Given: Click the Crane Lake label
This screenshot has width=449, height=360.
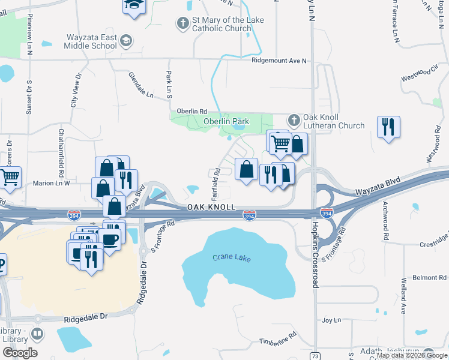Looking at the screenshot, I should pos(231,258).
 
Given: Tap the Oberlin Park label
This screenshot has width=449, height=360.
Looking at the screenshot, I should pos(226,122).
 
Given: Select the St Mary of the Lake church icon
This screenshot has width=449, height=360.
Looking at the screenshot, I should pos(182,24).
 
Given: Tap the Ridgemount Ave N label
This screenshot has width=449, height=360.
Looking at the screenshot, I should pos(279,61).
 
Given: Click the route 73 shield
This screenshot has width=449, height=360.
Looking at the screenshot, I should pos(314,356).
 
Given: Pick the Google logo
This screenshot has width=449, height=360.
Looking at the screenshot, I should pos(20,353).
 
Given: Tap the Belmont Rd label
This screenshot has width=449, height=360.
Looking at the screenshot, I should pos(429,278).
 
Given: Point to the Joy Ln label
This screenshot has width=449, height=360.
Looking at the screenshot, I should pos(331,320).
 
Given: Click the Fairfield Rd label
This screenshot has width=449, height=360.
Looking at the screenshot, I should pos(214,184).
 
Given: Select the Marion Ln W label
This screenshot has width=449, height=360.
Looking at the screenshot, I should pos(52,183).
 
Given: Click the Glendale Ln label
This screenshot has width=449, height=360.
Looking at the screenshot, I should pos(141,85).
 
